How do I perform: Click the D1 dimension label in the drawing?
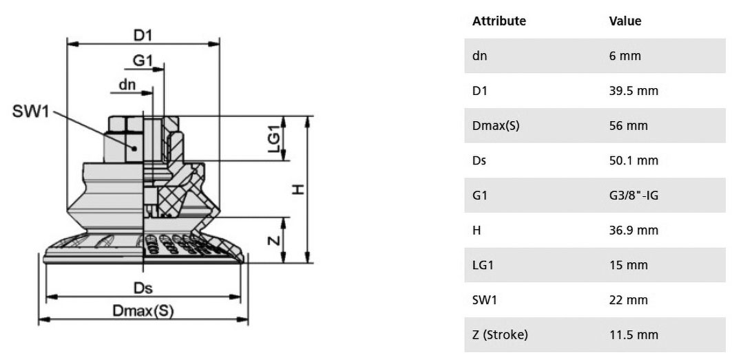click(144, 35)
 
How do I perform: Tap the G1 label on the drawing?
click(143, 61)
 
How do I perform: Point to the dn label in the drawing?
click(127, 85)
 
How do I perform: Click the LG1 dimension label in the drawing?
click(275, 138)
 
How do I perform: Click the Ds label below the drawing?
click(143, 288)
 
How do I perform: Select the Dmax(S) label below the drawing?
click(143, 311)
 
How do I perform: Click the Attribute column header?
click(499, 21)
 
